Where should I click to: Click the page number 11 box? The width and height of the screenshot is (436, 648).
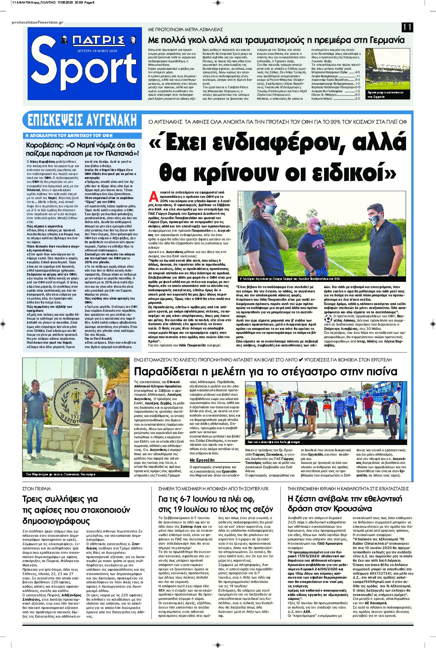(407, 27)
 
